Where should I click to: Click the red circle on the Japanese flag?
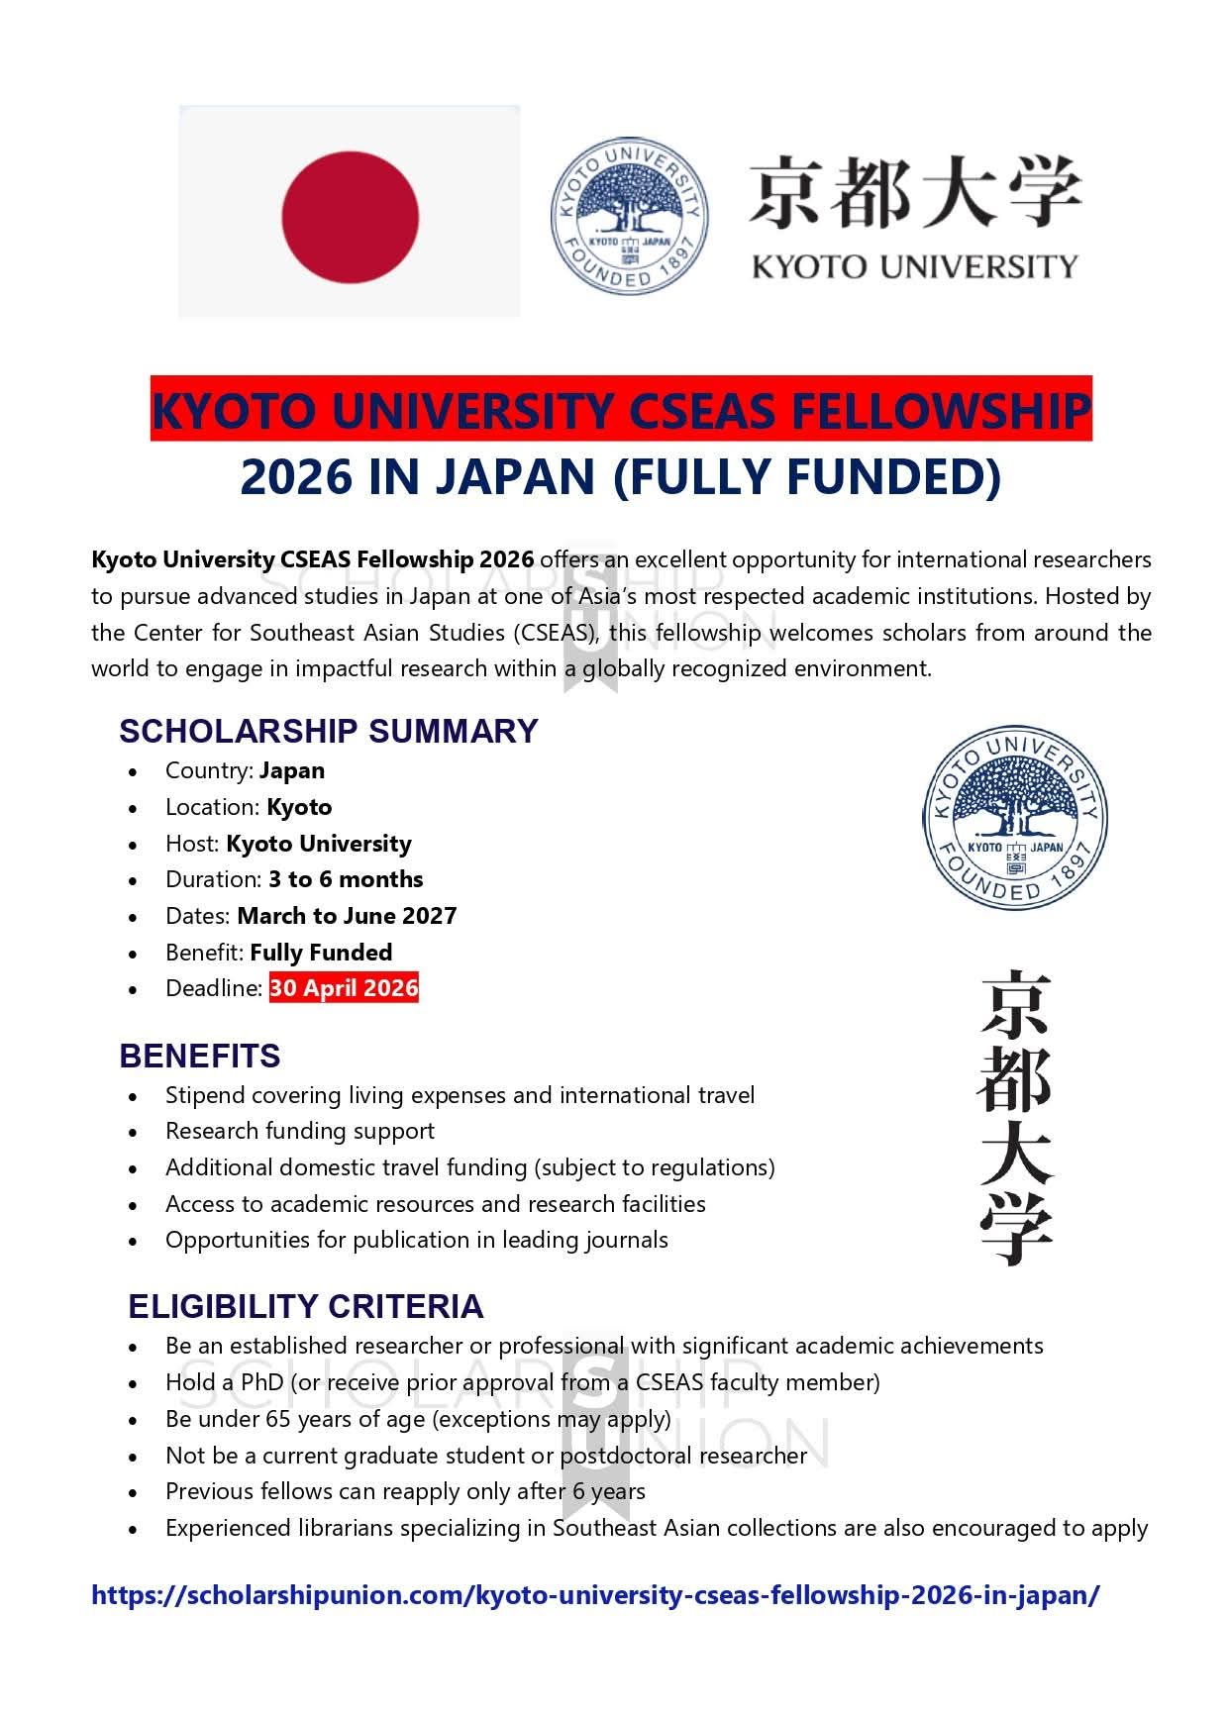tap(350, 216)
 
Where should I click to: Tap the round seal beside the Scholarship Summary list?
tap(1014, 819)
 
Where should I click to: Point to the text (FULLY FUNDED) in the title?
tap(807, 477)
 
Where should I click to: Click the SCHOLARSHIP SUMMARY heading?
tap(328, 731)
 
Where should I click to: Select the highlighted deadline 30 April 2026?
tap(344, 988)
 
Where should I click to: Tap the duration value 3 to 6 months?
tap(346, 879)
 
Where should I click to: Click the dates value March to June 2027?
tap(347, 916)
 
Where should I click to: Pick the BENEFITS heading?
tap(200, 1056)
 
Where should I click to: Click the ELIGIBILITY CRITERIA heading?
tap(305, 1307)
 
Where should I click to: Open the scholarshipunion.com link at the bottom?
tap(595, 1595)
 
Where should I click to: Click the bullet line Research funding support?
tap(300, 1131)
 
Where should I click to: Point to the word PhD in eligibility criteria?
tap(262, 1382)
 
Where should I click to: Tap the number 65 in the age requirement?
tap(278, 1419)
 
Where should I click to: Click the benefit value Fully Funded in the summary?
tap(321, 953)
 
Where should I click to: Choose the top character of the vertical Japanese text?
tap(1015, 1005)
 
